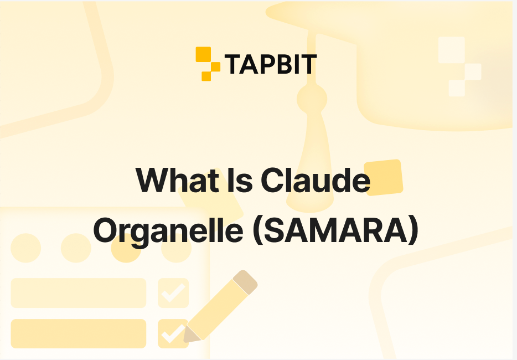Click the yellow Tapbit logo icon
(208, 64)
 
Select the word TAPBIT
(271, 65)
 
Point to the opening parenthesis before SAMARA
(257, 231)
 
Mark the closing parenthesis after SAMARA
(412, 231)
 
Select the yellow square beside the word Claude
(383, 178)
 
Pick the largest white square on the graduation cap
(451, 49)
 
